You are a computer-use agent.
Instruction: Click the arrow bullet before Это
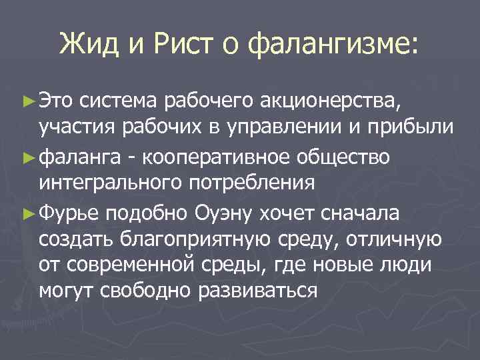click(x=27, y=101)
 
